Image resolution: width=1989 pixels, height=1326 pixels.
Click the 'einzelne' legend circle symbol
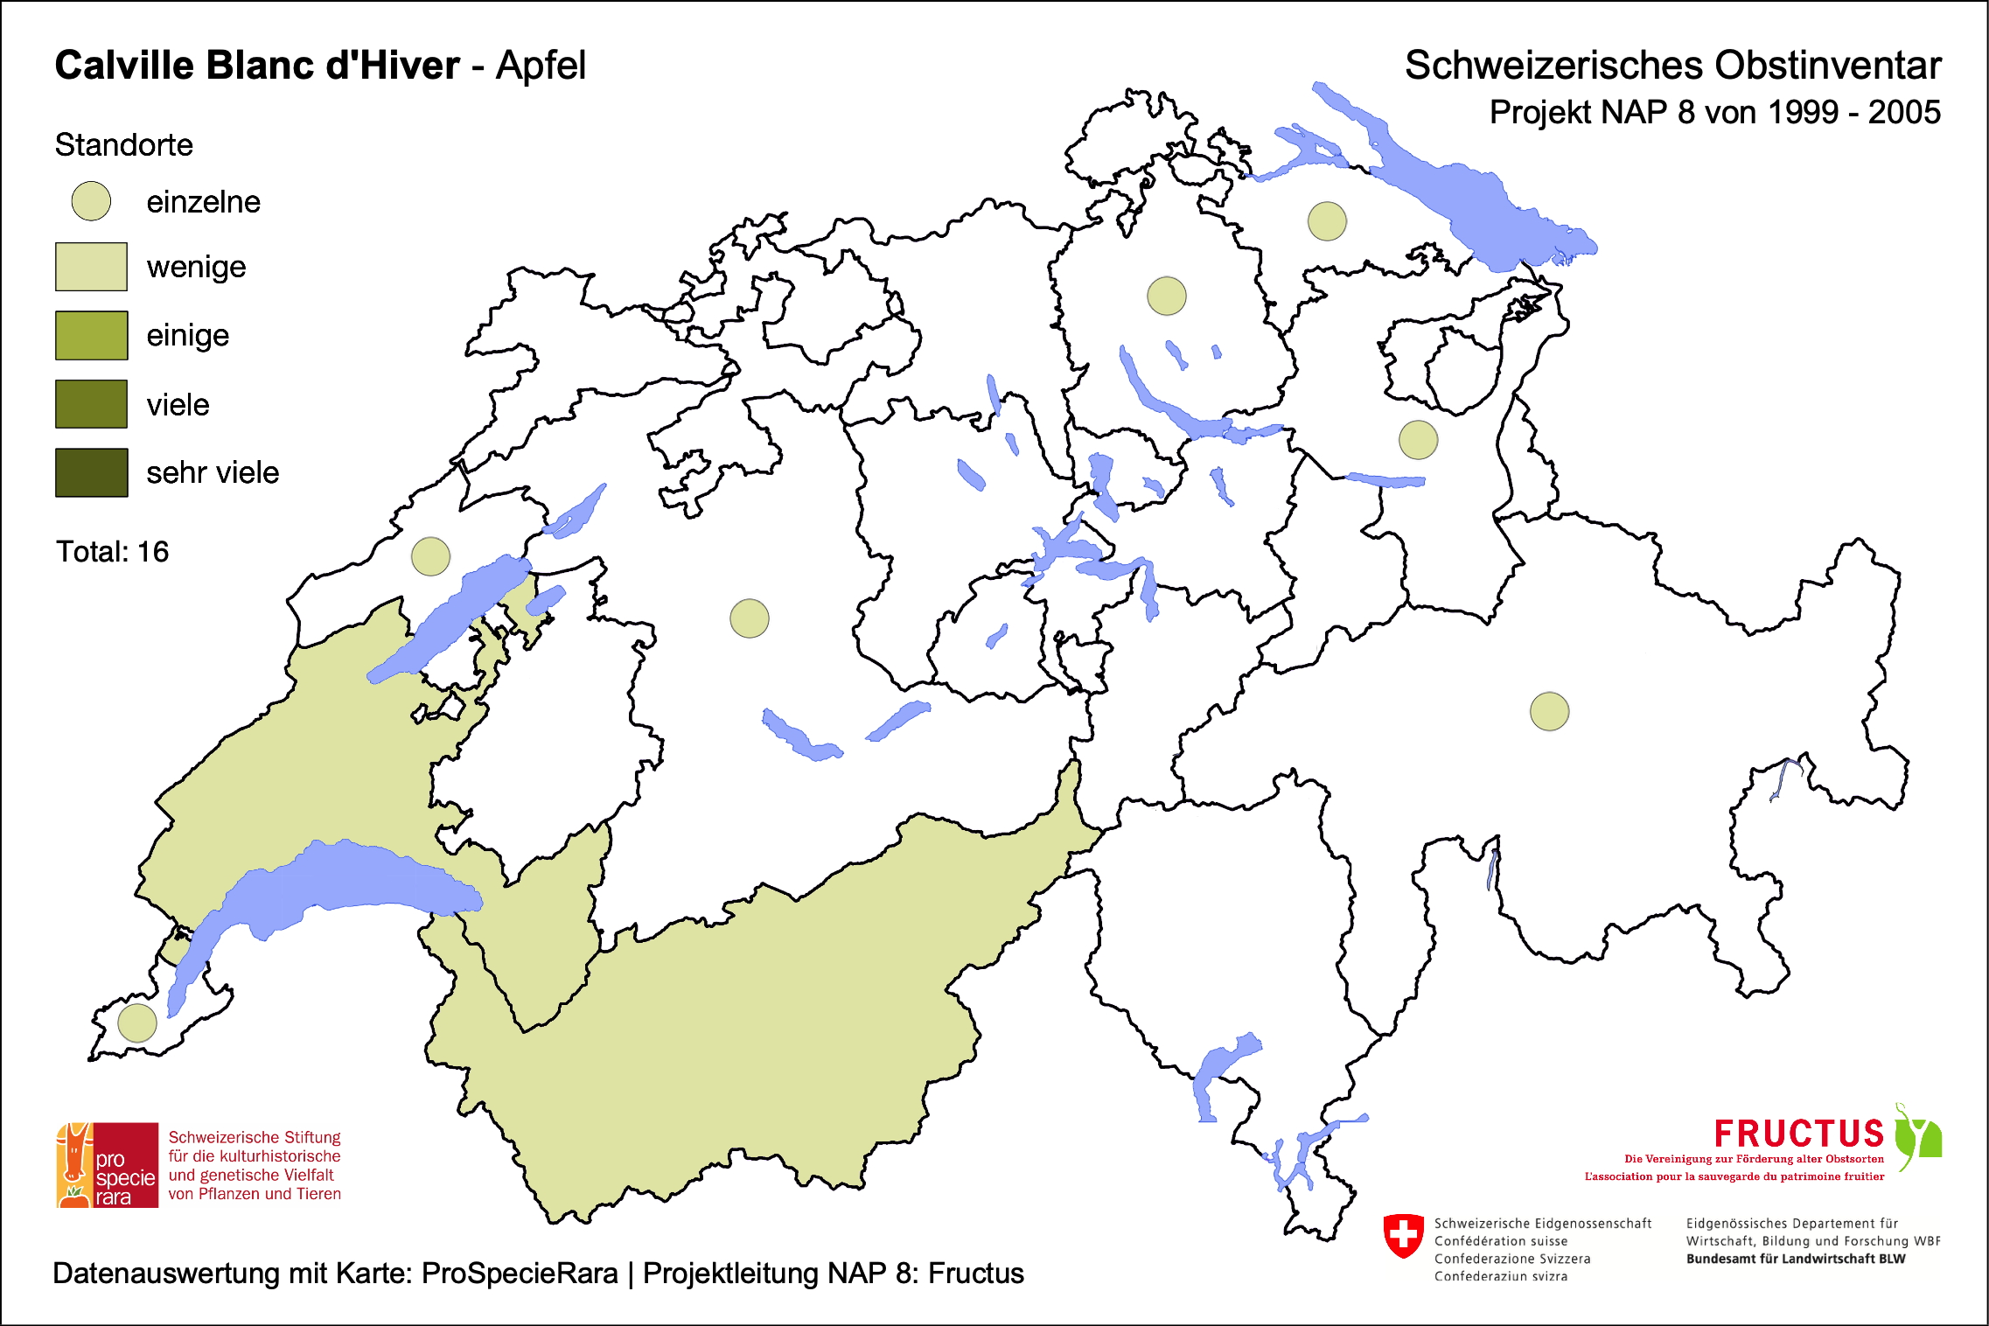(x=91, y=201)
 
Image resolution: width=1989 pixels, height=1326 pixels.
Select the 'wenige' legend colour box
(x=91, y=267)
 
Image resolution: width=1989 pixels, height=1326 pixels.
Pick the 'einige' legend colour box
(x=91, y=335)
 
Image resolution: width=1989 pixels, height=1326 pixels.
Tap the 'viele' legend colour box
(x=91, y=404)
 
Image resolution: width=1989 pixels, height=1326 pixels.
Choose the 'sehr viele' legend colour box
(x=91, y=472)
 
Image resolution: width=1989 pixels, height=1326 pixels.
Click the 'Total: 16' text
(x=112, y=552)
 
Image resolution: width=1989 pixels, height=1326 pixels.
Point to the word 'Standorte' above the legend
(x=123, y=145)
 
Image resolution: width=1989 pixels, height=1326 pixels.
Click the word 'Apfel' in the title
(x=541, y=66)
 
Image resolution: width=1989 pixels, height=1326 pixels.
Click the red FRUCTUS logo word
(x=1798, y=1134)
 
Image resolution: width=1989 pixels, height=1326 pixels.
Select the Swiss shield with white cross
(x=1404, y=1235)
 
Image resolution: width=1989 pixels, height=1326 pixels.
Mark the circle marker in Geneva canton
(x=137, y=1022)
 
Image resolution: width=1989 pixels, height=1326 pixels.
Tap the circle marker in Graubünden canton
(x=1549, y=711)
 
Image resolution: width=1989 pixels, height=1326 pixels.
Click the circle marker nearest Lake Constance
(x=1327, y=220)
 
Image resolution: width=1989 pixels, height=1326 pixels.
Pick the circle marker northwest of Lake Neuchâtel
(x=430, y=555)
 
